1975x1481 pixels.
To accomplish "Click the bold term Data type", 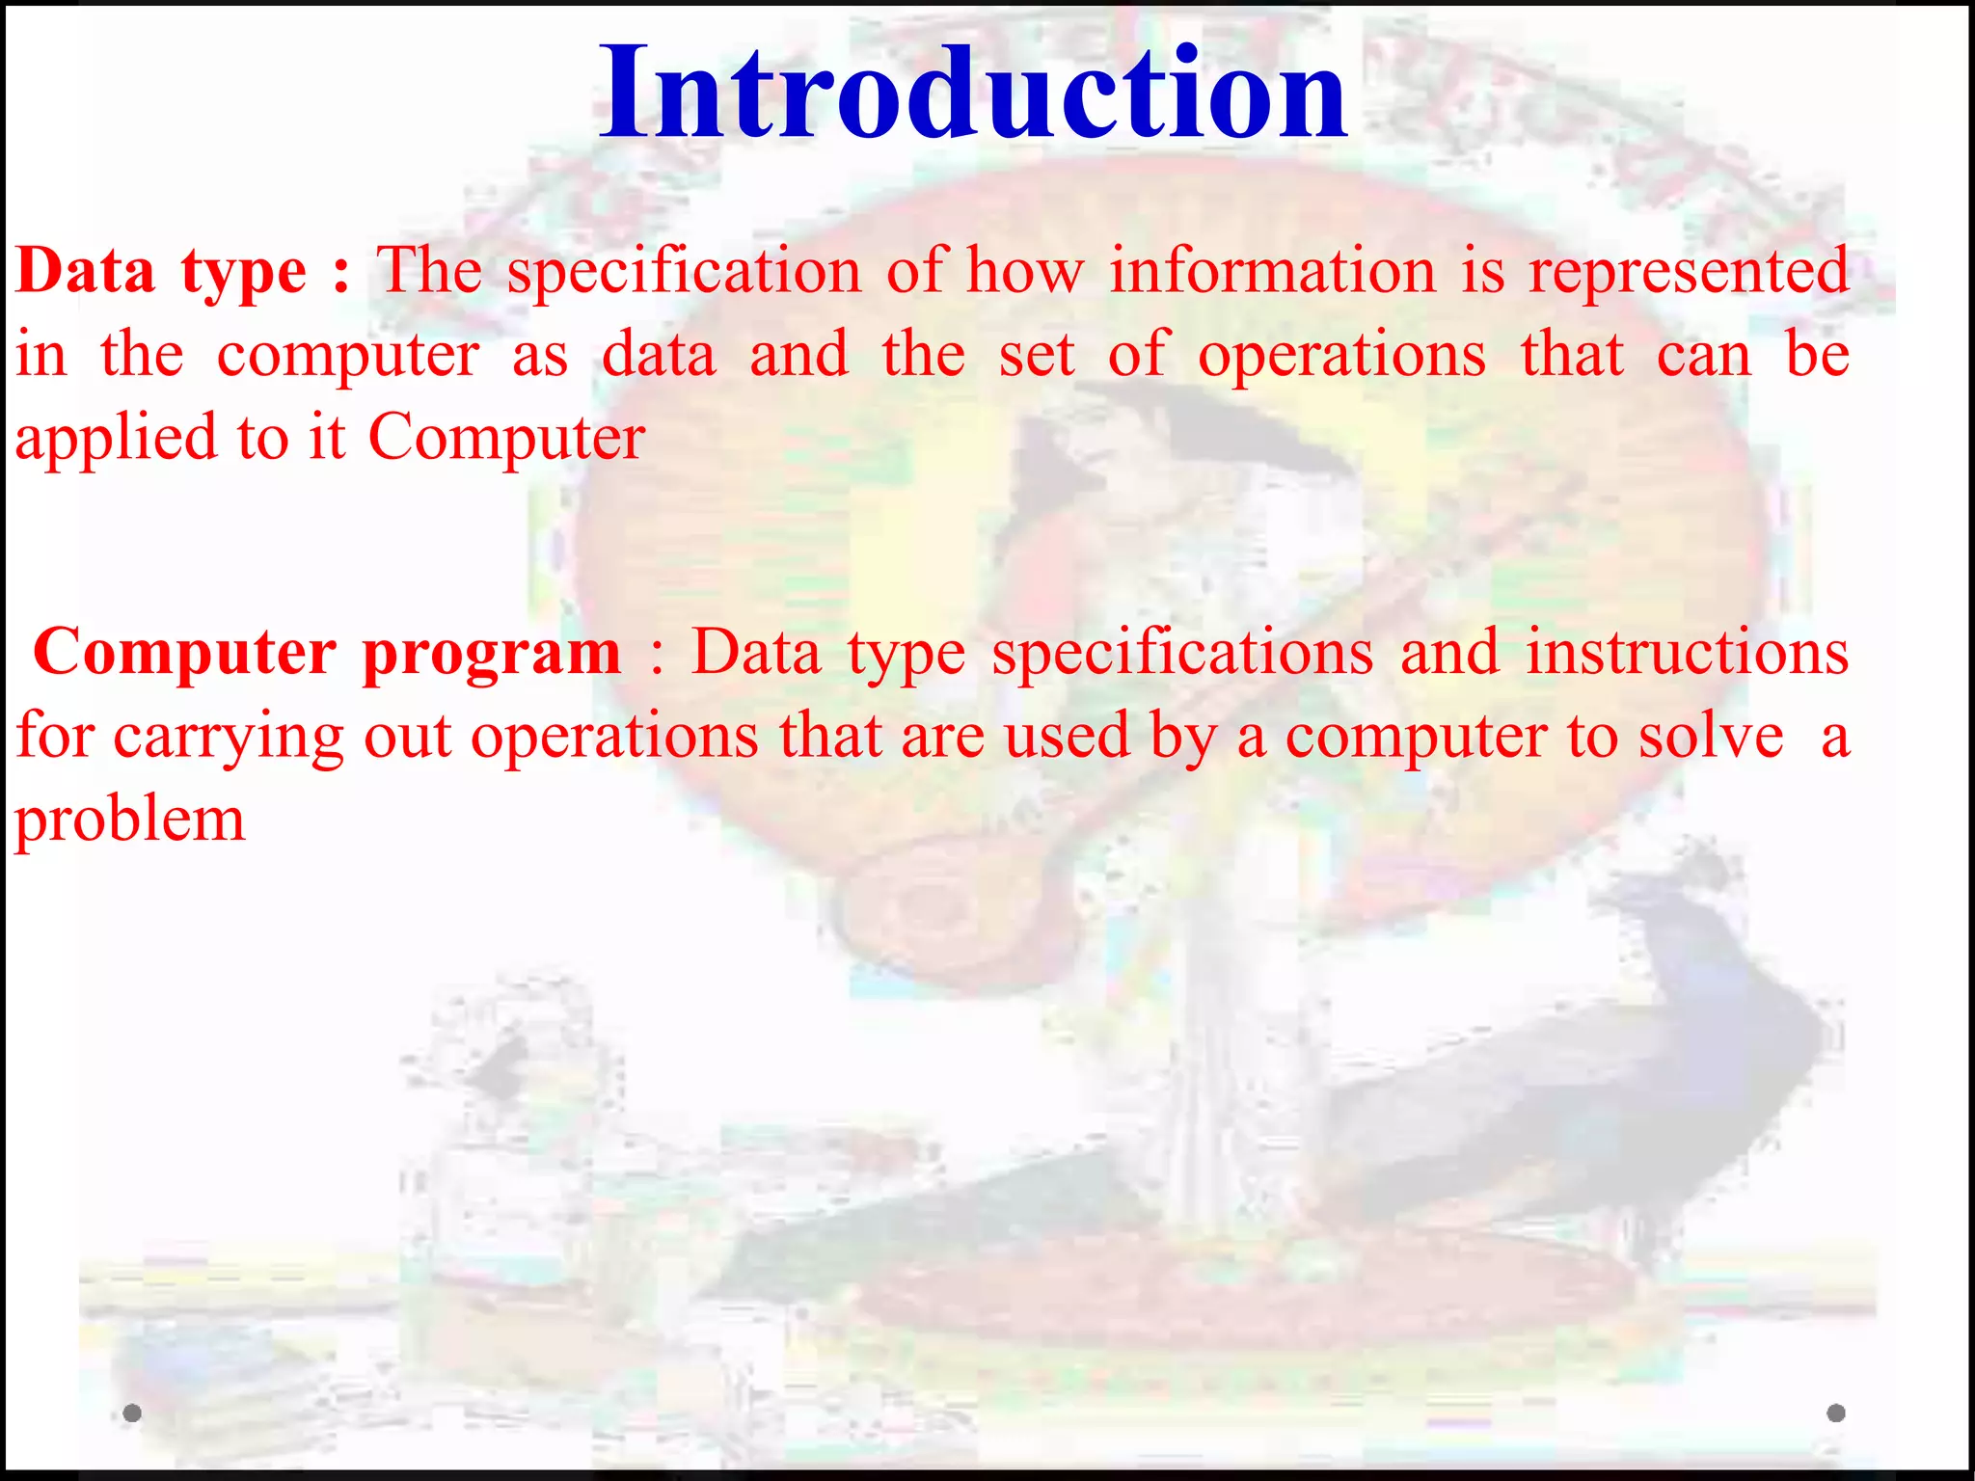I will pyautogui.click(x=161, y=272).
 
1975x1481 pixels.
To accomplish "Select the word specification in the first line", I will pyautogui.click(x=684, y=272).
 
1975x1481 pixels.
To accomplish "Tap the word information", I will pyautogui.click(x=1272, y=270).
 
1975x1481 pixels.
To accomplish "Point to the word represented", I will pyautogui.click(x=1689, y=272).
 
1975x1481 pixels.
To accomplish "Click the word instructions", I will pyautogui.click(x=1688, y=653).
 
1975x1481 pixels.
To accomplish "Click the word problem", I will pyautogui.click(x=129, y=821).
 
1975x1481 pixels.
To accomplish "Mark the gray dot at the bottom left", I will pyautogui.click(x=133, y=1414).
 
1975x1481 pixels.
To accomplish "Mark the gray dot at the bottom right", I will pyautogui.click(x=1836, y=1414).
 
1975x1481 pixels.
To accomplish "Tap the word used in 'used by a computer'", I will pyautogui.click(x=1066, y=737).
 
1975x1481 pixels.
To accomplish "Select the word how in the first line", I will pyautogui.click(x=1024, y=270).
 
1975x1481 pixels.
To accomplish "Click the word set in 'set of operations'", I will pyautogui.click(x=1036, y=355).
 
